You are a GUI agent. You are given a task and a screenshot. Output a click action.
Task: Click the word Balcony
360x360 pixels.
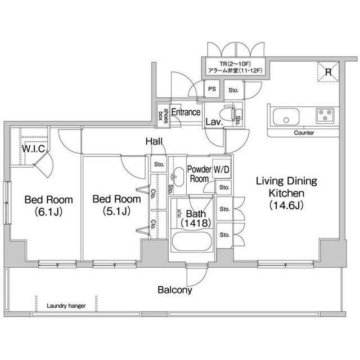[174, 290]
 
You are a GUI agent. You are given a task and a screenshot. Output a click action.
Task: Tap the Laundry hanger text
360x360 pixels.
[66, 306]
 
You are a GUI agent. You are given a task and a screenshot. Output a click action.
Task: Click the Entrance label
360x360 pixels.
[186, 112]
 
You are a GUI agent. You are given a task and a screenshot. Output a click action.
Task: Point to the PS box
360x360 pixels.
[212, 89]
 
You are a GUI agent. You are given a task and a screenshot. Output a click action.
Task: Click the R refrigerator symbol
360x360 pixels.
[328, 70]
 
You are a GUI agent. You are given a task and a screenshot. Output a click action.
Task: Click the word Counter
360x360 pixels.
[304, 133]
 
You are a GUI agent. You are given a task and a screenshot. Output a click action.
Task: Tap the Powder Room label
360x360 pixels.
[199, 173]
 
